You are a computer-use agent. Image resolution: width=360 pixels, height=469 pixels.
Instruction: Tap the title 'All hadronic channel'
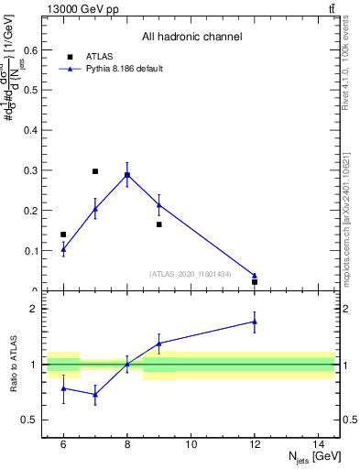(191, 38)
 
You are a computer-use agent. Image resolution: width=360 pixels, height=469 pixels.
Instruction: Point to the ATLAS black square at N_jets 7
(95, 171)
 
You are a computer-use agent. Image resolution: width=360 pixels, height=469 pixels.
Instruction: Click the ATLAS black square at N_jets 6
(63, 234)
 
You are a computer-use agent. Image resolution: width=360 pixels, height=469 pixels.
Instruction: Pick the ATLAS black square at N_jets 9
(158, 224)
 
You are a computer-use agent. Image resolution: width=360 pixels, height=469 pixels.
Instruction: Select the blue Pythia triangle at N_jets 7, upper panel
(95, 209)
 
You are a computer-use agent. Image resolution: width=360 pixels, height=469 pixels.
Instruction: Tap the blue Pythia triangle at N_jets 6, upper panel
(63, 249)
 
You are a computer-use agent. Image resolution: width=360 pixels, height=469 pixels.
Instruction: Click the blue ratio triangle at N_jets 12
(255, 322)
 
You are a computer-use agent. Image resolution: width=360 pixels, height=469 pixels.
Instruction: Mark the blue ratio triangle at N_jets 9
(158, 344)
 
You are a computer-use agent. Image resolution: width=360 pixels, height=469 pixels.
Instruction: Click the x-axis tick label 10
(191, 444)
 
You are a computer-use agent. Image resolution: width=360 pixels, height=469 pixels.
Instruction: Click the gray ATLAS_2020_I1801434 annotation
(191, 274)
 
